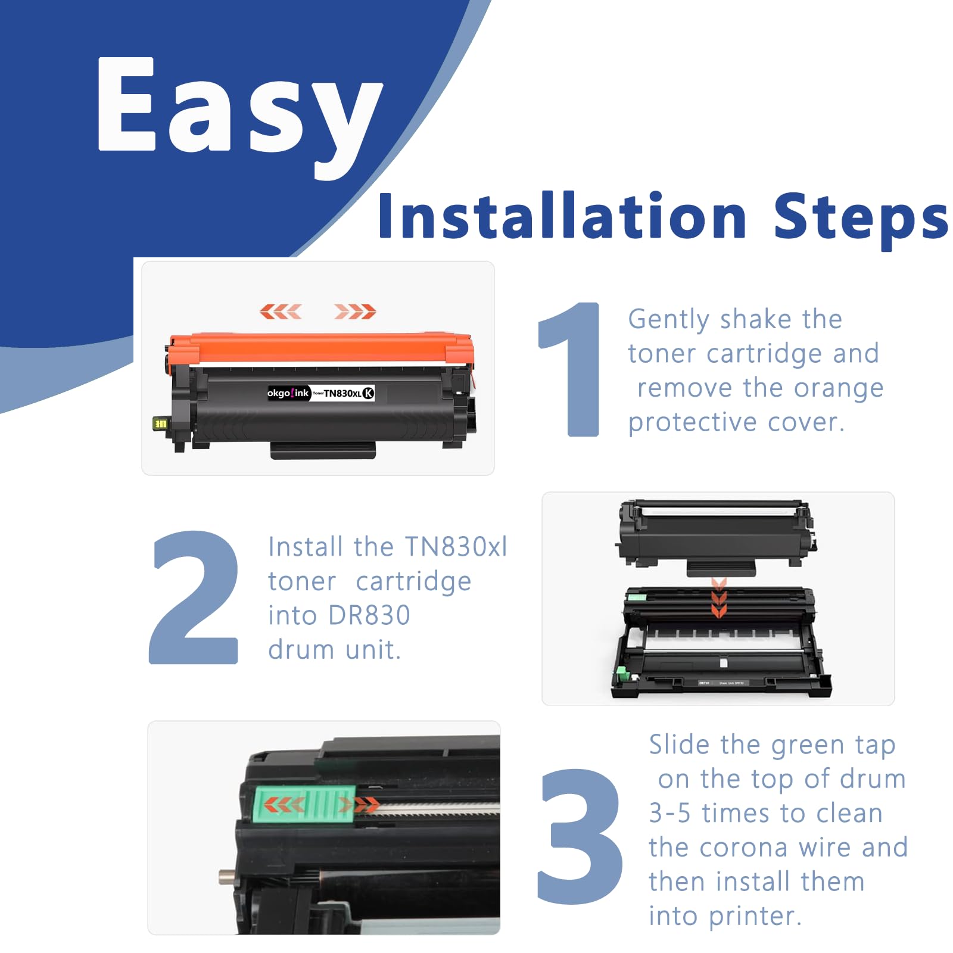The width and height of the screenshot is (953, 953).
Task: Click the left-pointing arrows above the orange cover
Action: click(x=281, y=311)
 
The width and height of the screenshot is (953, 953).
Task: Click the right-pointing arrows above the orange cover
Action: click(x=355, y=311)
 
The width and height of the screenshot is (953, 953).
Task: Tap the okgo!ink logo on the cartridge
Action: click(x=288, y=393)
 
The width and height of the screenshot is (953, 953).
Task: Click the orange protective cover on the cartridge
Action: click(x=322, y=348)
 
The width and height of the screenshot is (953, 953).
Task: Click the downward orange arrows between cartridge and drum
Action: click(x=719, y=597)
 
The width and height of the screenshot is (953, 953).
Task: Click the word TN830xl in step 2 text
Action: click(x=456, y=547)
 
